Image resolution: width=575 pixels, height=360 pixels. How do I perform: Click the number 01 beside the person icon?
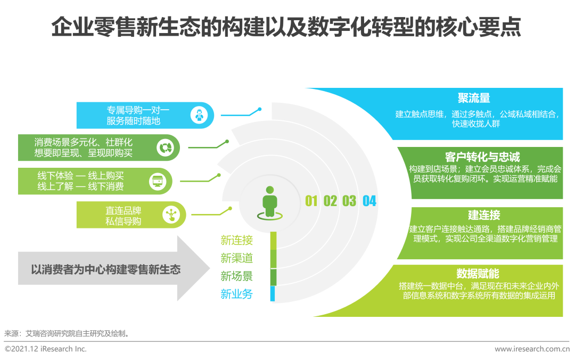[x=311, y=201]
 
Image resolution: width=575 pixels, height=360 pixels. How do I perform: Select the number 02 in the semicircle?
[x=330, y=201]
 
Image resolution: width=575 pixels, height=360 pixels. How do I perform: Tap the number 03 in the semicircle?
[x=349, y=201]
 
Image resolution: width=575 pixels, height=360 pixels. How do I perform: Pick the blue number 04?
[x=369, y=201]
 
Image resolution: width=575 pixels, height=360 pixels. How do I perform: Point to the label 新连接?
[x=237, y=240]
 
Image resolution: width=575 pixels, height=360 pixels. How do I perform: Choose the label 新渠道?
[x=237, y=258]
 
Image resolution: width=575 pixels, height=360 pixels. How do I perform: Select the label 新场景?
[x=237, y=276]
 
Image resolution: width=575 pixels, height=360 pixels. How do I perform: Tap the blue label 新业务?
[x=237, y=293]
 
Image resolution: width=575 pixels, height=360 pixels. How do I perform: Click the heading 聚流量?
[x=473, y=99]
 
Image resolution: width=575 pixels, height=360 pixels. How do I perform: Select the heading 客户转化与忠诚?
[x=482, y=157]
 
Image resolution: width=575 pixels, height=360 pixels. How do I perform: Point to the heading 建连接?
[x=484, y=215]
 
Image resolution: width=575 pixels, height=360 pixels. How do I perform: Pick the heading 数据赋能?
[x=478, y=274]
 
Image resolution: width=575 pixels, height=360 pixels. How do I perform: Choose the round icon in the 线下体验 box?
[x=158, y=181]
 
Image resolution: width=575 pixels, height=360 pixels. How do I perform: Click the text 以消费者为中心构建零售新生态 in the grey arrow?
[x=105, y=269]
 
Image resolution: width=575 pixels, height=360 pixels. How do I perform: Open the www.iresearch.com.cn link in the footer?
[x=532, y=349]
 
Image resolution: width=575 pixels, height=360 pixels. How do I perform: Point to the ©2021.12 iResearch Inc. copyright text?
[x=46, y=349]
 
